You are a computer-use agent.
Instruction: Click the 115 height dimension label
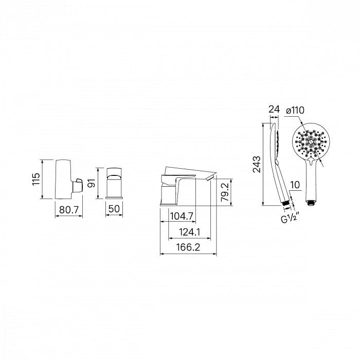(36, 179)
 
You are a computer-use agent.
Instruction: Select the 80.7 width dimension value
(69, 210)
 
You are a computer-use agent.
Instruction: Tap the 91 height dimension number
(92, 183)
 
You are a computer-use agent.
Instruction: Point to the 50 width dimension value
(114, 209)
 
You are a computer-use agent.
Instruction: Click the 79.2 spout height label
(225, 192)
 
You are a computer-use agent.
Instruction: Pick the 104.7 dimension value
(182, 216)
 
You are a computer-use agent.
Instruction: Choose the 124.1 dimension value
(190, 232)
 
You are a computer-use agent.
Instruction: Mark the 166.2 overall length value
(188, 247)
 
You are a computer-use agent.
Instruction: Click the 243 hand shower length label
(257, 164)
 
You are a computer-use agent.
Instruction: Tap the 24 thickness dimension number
(274, 110)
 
